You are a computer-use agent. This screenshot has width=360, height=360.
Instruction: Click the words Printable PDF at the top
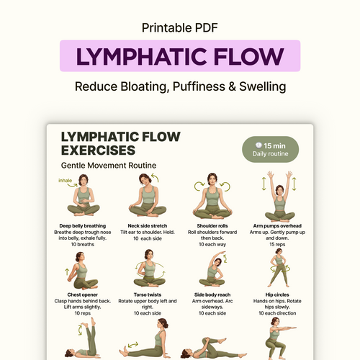180,28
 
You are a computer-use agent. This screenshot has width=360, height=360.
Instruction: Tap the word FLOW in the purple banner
248,57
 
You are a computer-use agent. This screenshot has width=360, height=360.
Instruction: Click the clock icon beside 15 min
258,145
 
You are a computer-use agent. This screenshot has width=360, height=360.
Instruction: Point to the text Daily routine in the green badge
270,154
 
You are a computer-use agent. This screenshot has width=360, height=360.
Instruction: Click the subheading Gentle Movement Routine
109,166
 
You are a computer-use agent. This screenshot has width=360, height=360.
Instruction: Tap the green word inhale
65,181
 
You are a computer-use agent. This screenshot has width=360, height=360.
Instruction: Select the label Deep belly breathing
83,226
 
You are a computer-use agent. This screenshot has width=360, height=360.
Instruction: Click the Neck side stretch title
148,226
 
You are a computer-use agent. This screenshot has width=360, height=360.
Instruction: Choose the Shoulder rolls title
212,226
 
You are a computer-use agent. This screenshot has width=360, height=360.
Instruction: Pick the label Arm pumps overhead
277,226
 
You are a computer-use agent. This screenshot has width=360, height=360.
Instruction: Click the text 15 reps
277,244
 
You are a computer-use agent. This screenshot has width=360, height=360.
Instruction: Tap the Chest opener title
83,294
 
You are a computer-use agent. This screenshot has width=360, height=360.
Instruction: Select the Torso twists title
148,294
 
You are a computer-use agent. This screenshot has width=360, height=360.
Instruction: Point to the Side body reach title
212,294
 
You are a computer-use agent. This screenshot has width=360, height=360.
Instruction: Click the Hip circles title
277,294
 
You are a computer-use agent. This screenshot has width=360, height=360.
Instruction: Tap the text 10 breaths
83,244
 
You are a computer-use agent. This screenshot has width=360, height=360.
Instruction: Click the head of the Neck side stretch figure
145,179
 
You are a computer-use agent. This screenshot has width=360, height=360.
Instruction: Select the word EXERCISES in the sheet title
98,150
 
